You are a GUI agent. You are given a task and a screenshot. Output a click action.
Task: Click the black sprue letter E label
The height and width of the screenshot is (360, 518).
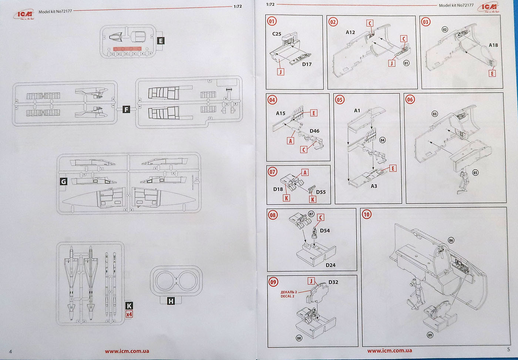161,41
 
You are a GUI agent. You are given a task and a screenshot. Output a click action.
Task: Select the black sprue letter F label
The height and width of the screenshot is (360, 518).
127,109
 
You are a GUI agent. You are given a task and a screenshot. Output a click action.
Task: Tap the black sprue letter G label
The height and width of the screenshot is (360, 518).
63,182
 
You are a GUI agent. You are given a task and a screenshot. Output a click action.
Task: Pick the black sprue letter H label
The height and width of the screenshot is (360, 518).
171,301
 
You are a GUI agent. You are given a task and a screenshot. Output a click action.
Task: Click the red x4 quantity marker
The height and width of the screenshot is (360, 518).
129,314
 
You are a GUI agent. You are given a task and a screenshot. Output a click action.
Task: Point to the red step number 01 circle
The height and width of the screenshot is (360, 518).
272,21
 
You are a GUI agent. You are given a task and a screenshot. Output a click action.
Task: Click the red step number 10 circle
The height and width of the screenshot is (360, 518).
366,215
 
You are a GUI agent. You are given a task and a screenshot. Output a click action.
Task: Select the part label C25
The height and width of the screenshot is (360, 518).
277,34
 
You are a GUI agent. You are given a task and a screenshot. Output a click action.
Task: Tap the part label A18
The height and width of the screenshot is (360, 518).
493,45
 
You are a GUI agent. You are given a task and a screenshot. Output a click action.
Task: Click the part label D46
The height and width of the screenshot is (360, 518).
314,131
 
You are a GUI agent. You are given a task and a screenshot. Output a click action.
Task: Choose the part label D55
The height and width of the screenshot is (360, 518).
321,192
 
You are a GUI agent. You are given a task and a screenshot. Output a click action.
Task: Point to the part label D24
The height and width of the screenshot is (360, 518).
330,265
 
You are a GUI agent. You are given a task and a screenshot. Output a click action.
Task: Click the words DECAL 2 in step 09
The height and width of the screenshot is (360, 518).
287,296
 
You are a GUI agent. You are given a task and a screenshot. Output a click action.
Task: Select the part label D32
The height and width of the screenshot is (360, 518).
333,282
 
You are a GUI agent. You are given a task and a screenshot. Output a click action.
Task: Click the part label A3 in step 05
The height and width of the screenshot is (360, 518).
374,186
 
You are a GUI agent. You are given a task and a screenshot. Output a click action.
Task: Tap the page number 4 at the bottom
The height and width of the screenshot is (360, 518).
10,351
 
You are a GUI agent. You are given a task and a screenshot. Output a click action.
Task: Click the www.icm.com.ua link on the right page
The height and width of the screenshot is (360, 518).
390,350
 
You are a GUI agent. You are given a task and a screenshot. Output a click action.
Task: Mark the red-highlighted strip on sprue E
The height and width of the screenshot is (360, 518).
127,48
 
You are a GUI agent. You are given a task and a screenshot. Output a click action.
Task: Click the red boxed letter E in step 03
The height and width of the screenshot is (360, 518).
492,73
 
